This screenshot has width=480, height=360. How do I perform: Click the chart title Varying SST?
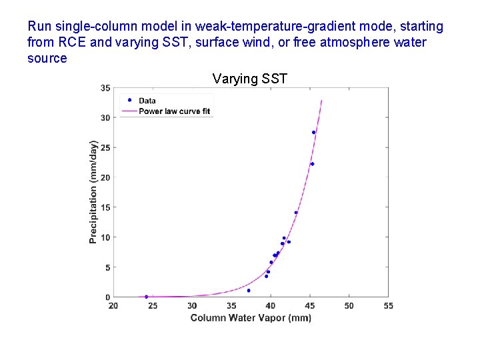click(x=249, y=79)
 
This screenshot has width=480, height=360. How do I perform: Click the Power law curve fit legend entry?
click(x=174, y=111)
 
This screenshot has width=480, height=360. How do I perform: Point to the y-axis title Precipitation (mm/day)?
click(x=94, y=191)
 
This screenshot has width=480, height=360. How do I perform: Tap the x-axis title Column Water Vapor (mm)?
click(x=251, y=318)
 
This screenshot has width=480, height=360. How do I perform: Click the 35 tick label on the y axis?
click(x=106, y=88)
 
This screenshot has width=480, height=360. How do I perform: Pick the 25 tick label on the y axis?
click(x=106, y=147)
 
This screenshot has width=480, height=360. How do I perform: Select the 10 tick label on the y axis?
click(x=106, y=237)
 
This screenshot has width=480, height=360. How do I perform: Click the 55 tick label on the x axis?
click(x=388, y=306)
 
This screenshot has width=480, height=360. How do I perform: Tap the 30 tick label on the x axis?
click(x=192, y=306)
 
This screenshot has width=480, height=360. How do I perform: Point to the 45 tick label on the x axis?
click(x=310, y=306)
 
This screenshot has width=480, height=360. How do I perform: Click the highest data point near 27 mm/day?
click(x=313, y=132)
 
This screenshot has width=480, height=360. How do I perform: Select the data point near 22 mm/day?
click(x=312, y=164)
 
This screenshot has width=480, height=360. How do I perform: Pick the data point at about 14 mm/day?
click(x=296, y=213)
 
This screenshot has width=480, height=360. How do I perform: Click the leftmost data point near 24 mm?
click(x=147, y=297)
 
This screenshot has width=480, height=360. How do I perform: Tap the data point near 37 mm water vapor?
click(x=249, y=291)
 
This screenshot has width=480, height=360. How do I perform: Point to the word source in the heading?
click(x=47, y=58)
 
